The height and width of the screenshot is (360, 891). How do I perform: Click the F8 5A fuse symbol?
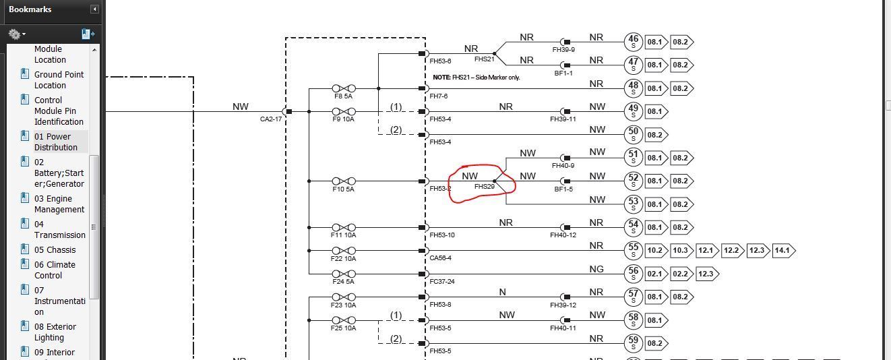tap(343, 88)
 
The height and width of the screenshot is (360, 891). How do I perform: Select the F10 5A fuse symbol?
tap(343, 181)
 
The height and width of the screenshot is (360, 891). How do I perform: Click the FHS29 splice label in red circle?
tap(485, 187)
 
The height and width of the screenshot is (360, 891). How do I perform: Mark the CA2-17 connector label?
tap(271, 119)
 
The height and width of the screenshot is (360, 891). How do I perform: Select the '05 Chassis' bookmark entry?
tap(55, 249)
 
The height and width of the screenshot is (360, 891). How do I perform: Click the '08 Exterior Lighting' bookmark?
tap(55, 332)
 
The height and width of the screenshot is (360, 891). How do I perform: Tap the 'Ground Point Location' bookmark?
tap(59, 80)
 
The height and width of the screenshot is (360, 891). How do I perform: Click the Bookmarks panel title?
tap(30, 9)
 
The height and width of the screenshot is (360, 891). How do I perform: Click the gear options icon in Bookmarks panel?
tap(16, 34)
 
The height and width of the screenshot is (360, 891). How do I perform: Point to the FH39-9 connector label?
tap(563, 50)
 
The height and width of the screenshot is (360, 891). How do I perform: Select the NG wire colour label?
tap(596, 269)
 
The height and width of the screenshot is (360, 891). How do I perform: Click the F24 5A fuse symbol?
tap(343, 274)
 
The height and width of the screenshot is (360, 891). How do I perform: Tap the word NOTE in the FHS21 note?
tap(441, 78)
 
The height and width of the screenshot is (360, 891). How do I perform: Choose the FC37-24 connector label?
tap(442, 282)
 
